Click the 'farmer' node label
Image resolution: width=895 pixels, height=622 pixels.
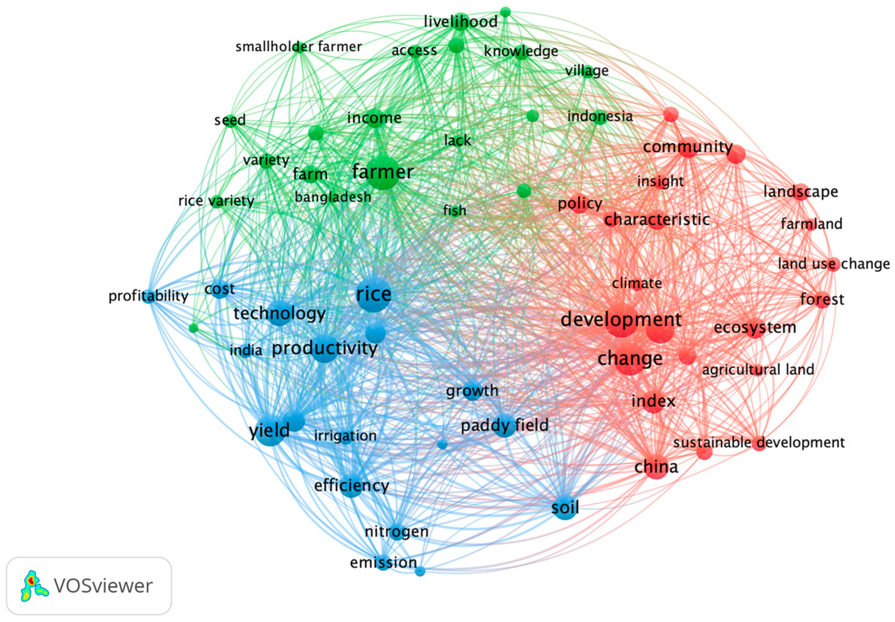383,172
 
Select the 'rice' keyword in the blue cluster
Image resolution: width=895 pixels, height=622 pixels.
374,294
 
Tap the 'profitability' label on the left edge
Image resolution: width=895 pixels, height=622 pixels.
148,296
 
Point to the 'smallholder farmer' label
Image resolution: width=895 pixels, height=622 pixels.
298,47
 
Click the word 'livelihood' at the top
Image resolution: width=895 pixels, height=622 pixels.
460,21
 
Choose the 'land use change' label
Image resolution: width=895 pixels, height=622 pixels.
834,264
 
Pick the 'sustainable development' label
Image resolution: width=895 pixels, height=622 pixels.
759,443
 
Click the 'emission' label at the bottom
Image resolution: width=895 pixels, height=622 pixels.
383,562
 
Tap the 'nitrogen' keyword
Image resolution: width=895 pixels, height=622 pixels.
396,532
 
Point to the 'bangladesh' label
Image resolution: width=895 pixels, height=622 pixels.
333,197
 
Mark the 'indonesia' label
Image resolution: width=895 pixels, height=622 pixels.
600,116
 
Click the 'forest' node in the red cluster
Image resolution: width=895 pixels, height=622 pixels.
822,299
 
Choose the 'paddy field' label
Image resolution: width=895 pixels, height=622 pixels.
505,425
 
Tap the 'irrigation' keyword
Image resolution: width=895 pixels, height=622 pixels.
345,436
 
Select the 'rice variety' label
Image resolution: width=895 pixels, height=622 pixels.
216,201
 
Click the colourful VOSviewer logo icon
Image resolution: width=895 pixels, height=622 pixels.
33,586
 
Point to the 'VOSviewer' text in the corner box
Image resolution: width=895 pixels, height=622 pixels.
103,586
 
